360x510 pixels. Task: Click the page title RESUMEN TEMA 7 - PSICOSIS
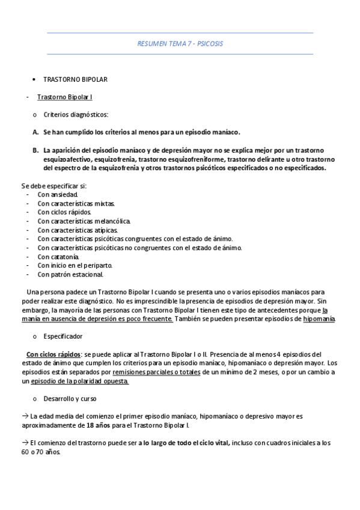coord(180,44)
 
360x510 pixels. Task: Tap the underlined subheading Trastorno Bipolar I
coord(64,97)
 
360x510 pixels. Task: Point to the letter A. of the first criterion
coord(35,131)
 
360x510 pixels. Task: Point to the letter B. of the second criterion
coord(35,149)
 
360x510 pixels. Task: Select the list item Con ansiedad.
coord(57,195)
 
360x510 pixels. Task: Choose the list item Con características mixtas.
coord(76,204)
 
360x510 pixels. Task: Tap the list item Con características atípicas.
coord(78,230)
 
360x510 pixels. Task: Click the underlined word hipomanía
coord(319,319)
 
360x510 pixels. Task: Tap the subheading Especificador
coord(63,336)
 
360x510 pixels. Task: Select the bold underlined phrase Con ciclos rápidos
coord(53,354)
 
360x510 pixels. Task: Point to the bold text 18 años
coord(99,425)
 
